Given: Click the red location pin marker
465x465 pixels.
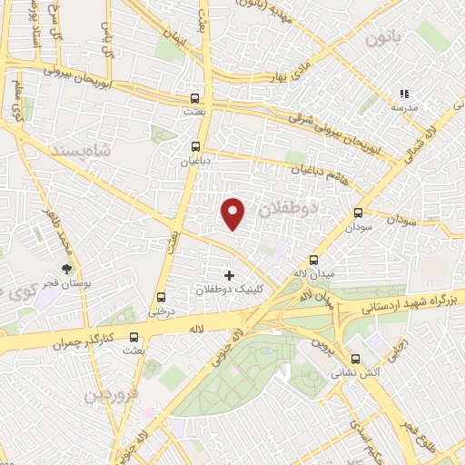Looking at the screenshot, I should (234, 213).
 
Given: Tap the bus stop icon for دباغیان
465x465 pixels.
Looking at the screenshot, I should (194, 145).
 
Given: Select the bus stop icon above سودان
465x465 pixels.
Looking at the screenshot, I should (358, 214).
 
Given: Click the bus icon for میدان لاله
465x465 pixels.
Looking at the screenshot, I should (314, 259).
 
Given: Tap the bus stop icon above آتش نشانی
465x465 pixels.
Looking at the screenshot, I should (358, 358).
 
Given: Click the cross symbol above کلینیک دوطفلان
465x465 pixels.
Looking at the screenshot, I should (228, 274).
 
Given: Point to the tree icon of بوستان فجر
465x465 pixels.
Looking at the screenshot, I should (66, 269).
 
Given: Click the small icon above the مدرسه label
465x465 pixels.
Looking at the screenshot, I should (404, 94).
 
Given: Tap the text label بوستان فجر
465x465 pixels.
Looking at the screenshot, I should (67, 283).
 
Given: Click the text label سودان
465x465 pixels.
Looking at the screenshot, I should (358, 229).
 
